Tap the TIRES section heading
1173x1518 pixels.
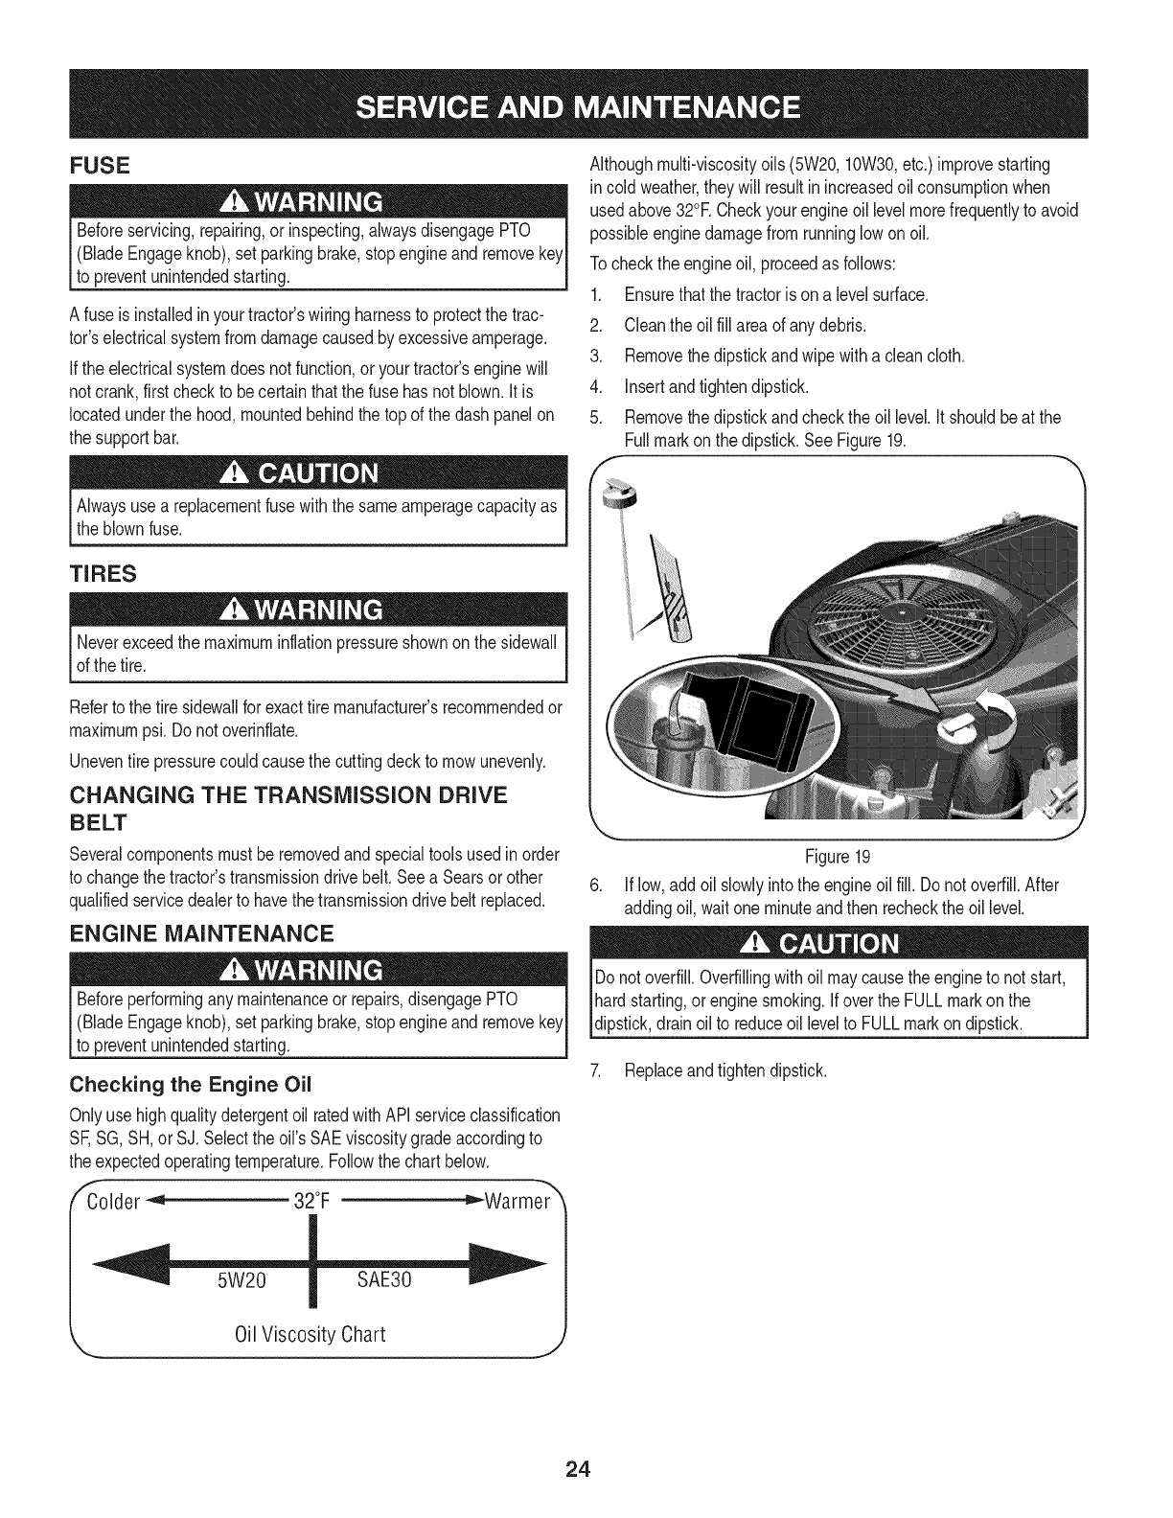(x=103, y=574)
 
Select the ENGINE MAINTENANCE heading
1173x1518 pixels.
(x=202, y=932)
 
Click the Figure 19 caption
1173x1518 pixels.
(x=843, y=856)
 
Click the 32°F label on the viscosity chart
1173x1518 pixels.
(x=311, y=1202)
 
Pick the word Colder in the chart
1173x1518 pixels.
(x=115, y=1202)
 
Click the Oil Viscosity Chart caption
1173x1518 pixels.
(x=310, y=1334)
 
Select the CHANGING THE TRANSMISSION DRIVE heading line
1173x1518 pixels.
(x=287, y=795)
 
